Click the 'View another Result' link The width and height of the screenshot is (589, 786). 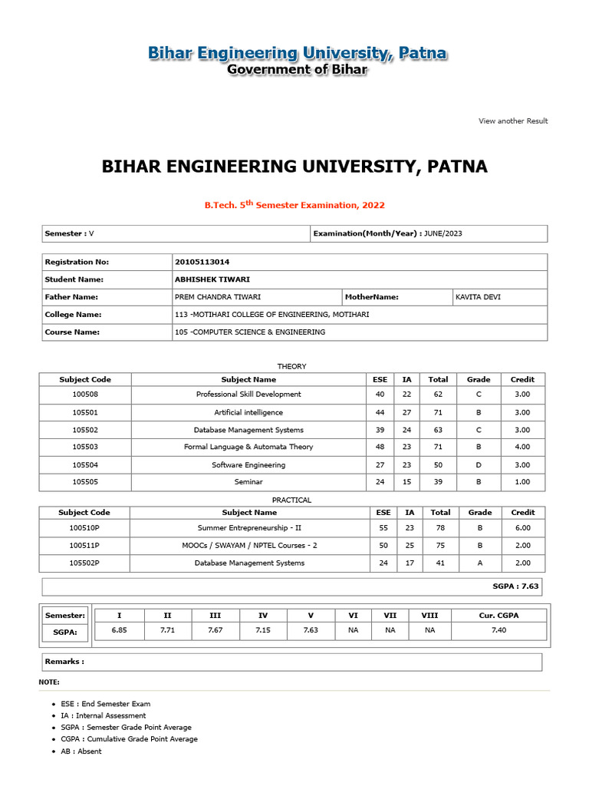(x=513, y=121)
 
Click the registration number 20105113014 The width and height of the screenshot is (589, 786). (x=202, y=262)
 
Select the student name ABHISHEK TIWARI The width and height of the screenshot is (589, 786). (x=212, y=279)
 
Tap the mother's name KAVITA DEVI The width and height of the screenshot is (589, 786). (x=478, y=297)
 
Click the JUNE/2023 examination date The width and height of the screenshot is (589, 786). (x=444, y=233)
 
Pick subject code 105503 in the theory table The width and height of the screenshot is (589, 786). (x=85, y=447)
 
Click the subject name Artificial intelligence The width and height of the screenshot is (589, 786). (x=248, y=412)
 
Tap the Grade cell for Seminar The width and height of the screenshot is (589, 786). (x=478, y=482)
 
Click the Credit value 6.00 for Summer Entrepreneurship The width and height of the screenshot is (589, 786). (x=522, y=528)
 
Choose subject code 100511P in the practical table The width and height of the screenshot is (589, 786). (x=84, y=546)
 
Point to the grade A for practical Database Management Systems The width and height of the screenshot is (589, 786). (x=479, y=563)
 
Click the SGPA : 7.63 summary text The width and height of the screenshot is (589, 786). (x=515, y=586)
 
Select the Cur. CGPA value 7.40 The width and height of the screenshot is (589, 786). (x=499, y=630)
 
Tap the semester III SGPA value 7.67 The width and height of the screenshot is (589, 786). (x=216, y=630)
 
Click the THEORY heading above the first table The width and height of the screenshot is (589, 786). (x=291, y=367)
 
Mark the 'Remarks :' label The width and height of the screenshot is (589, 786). (x=64, y=662)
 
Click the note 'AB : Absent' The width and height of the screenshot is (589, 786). (x=81, y=751)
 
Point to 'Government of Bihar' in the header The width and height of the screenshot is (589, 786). (x=297, y=70)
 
